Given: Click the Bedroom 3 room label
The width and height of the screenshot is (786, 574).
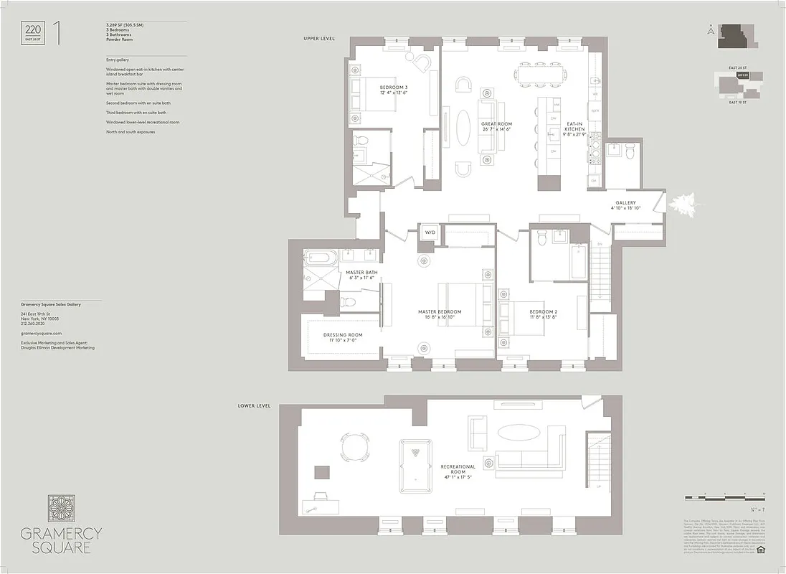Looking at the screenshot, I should [x=393, y=90].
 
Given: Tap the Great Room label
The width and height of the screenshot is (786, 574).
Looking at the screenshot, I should [x=496, y=126].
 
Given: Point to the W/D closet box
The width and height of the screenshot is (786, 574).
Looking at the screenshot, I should [x=430, y=232].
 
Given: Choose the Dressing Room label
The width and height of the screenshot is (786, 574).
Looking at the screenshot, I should [x=343, y=337].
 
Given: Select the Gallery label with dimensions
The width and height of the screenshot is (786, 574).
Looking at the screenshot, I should [x=625, y=205].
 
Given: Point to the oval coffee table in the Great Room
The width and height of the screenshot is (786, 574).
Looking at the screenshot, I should [x=465, y=129].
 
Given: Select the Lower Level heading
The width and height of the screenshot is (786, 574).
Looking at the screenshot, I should [x=255, y=405].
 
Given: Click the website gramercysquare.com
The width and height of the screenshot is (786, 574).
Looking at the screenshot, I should [x=42, y=334].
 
